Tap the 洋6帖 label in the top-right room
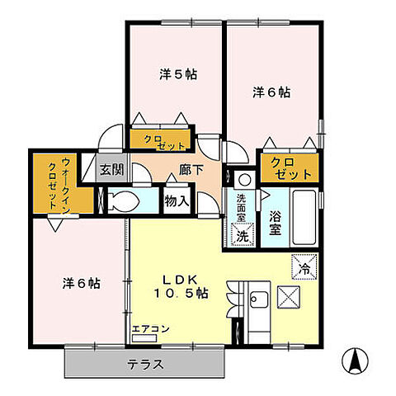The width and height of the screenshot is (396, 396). (271, 93)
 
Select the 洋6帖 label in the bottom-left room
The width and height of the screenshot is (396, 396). (82, 283)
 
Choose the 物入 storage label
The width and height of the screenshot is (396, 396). (177, 200)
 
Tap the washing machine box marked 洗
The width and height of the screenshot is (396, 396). (243, 235)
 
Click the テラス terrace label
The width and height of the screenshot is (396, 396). (144, 364)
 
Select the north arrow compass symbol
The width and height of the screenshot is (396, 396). (356, 361)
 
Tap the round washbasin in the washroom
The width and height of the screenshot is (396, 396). (243, 179)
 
